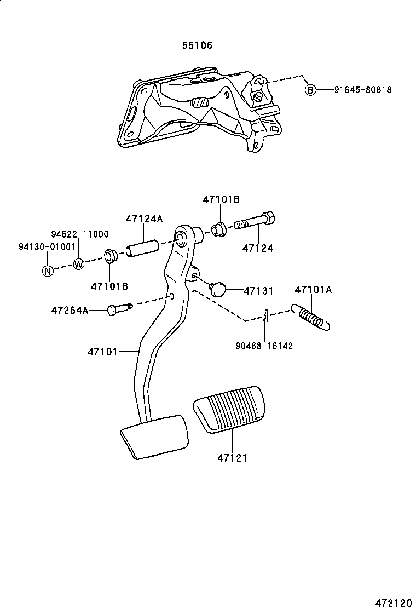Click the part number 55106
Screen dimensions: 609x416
coord(197,45)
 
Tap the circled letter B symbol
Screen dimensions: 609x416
coord(310,90)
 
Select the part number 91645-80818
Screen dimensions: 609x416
coord(363,90)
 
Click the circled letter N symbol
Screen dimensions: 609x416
coord(48,270)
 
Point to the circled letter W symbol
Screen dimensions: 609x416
coord(79,264)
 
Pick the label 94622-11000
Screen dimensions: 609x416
coord(80,234)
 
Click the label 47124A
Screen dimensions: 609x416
coord(144,219)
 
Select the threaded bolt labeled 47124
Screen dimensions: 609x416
coord(255,222)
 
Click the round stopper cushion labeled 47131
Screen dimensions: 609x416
coord(218,288)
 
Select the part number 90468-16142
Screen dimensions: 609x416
coord(264,346)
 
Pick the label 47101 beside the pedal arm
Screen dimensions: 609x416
coord(103,351)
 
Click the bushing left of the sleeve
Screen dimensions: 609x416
coord(111,256)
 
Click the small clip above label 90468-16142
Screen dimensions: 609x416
coord(264,315)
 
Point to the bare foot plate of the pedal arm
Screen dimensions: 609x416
coord(155,436)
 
